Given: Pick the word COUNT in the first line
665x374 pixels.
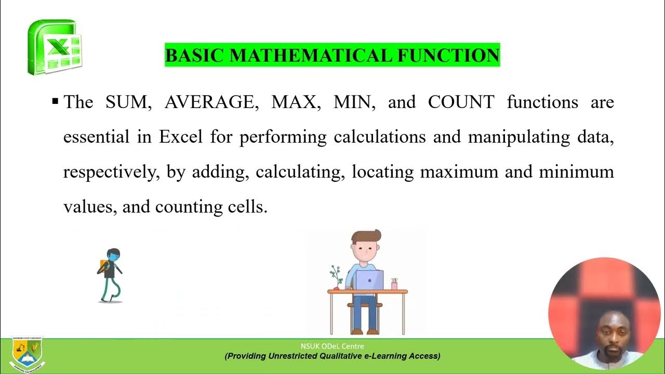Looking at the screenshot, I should [461, 102].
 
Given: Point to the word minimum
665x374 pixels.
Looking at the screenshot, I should [576, 171].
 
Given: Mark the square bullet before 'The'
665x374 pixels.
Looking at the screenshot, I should [56, 101].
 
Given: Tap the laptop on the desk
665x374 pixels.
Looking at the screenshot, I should [369, 280].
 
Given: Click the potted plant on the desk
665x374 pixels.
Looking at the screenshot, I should [336, 277].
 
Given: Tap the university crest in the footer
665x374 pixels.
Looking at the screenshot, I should [27, 355].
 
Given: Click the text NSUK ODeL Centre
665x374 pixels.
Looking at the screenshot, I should [332, 346].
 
